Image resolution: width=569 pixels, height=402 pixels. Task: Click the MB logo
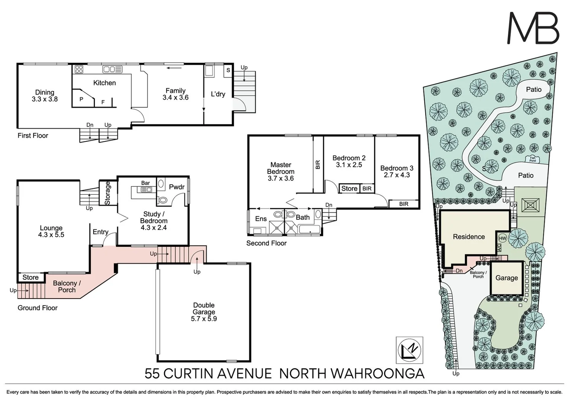tap(533, 29)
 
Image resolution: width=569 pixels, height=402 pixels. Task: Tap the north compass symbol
tap(409, 350)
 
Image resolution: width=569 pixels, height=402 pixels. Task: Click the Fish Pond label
tap(533, 159)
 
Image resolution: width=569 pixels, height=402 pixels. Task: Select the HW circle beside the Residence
tap(502, 238)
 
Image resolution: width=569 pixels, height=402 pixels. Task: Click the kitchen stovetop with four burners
tap(79, 69)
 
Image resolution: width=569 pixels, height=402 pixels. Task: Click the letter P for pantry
tap(81, 99)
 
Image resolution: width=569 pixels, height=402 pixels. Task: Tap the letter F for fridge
tap(103, 102)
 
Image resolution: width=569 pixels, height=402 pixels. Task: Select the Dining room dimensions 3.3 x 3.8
tap(45, 99)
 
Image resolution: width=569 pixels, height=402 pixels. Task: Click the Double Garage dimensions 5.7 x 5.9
tap(204, 319)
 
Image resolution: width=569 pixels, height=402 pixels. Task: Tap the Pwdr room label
tap(177, 187)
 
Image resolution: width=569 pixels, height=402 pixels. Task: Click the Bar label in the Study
tap(146, 183)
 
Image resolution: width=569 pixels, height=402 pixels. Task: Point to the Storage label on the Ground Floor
tap(108, 193)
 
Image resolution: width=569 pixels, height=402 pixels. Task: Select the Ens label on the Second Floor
tap(261, 218)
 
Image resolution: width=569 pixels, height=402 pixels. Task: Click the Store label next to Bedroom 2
tap(349, 188)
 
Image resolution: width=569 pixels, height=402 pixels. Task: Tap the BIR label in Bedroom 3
tap(404, 204)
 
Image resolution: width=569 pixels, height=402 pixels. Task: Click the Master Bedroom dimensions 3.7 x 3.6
tap(281, 178)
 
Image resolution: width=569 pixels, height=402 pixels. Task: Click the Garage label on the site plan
tap(506, 278)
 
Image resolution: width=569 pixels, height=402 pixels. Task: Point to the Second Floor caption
tap(266, 243)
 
